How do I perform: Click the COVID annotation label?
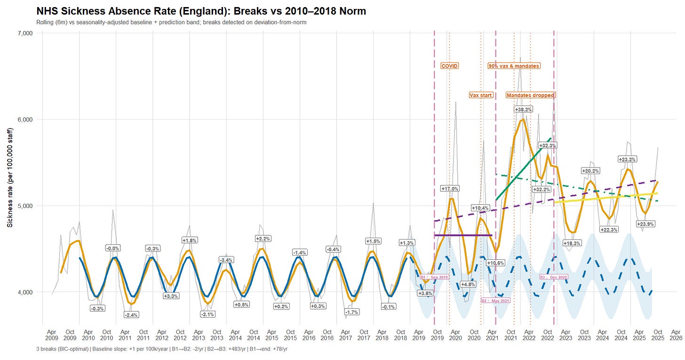coord(449,66)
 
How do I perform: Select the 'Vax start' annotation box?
coord(481,95)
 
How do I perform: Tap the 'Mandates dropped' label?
coord(530,95)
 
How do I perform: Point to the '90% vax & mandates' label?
coord(514,66)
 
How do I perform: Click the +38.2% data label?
coord(523,109)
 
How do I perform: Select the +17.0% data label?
coord(450,188)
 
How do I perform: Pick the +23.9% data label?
coord(646,224)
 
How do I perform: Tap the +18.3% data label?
coord(572,243)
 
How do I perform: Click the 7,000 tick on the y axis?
coord(24,33)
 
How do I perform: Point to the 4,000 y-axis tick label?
coord(24,292)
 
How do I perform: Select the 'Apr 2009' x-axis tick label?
coord(52,335)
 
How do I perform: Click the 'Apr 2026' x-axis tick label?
coord(676,335)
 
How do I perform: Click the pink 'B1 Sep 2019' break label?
coord(434,278)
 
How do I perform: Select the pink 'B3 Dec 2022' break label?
coord(553,277)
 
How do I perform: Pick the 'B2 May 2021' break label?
coord(495,300)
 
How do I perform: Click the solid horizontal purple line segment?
coord(463,235)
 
